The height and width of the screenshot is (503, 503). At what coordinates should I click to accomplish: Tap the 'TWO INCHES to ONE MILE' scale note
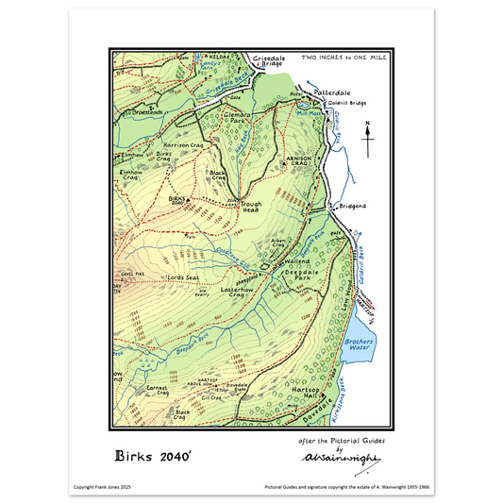pyautogui.click(x=343, y=59)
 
